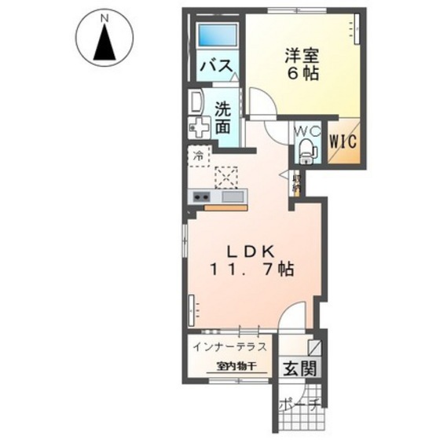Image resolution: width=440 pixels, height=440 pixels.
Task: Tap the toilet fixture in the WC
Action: click(306, 148)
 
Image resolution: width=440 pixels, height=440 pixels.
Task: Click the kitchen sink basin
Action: click(233, 197)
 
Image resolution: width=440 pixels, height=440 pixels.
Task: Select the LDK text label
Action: click(250, 251)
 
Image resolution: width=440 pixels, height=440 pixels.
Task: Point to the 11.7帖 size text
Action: click(251, 269)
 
